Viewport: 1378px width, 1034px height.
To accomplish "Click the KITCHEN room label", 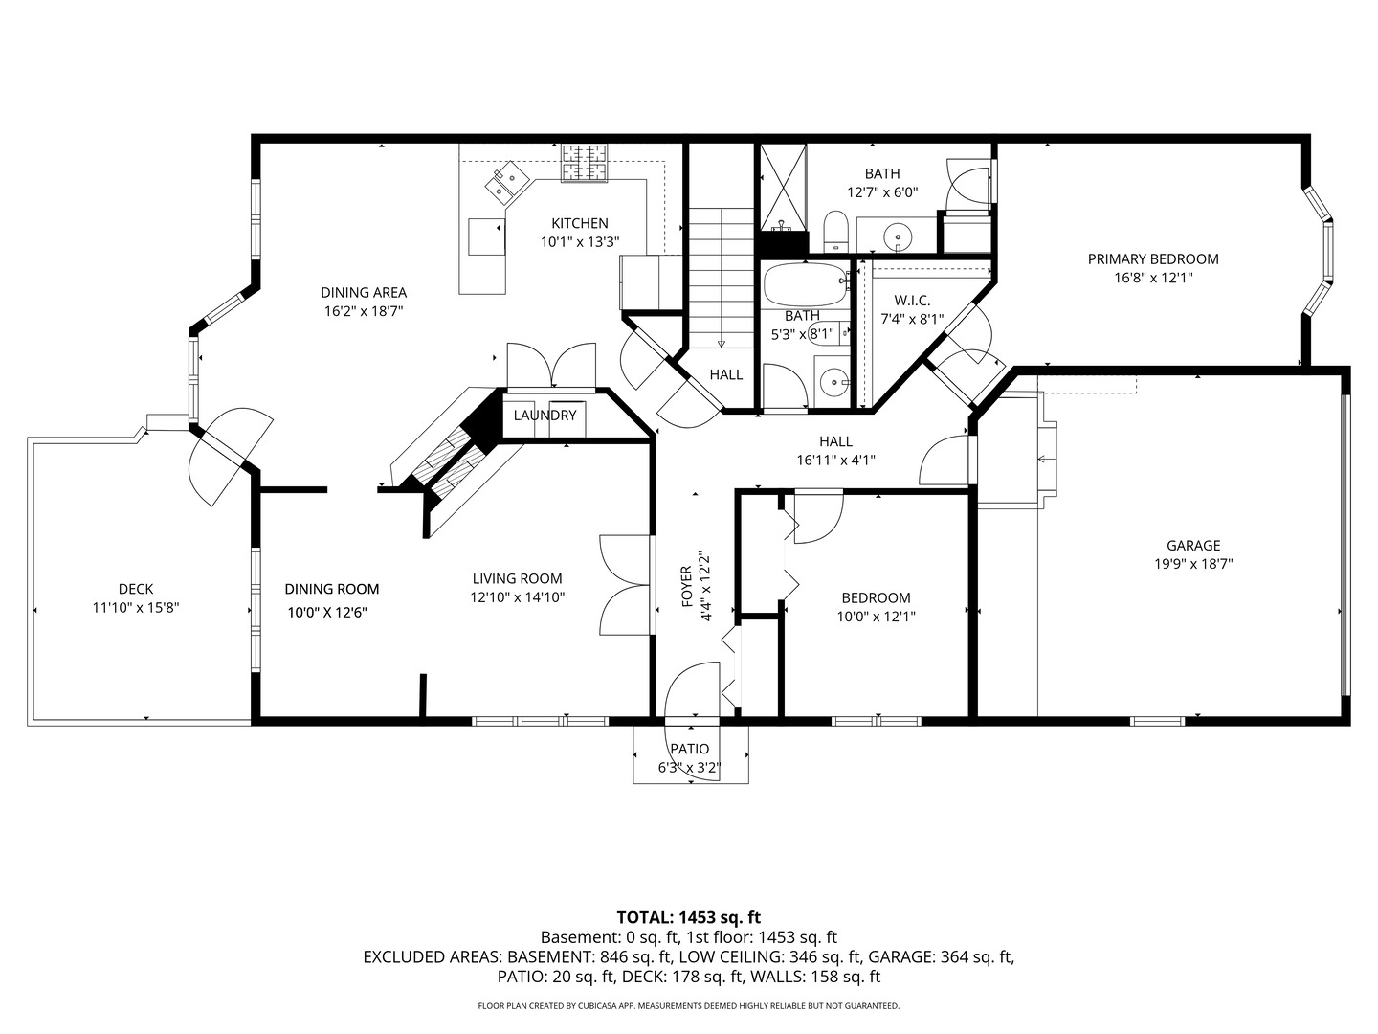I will tap(579, 223).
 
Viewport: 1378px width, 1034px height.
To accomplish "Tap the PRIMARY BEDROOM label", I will tap(1153, 258).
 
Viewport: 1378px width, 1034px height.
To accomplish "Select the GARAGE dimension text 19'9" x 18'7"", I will tap(1192, 565).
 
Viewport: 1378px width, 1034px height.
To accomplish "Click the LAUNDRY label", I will tap(545, 416).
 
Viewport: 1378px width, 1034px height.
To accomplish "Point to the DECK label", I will tap(136, 589).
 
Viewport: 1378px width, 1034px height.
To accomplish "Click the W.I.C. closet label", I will tap(912, 301).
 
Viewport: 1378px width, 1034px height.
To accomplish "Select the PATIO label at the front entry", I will tap(689, 749).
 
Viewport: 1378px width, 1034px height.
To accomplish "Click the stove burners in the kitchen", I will tap(585, 162).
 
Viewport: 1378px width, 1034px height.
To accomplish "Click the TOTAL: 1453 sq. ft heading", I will tap(688, 917).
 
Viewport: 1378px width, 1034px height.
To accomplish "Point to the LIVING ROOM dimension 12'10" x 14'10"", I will tap(517, 597).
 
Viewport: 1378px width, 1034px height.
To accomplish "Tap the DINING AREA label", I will tap(364, 292).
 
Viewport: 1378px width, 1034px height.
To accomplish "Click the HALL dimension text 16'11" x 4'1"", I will tap(835, 460).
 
